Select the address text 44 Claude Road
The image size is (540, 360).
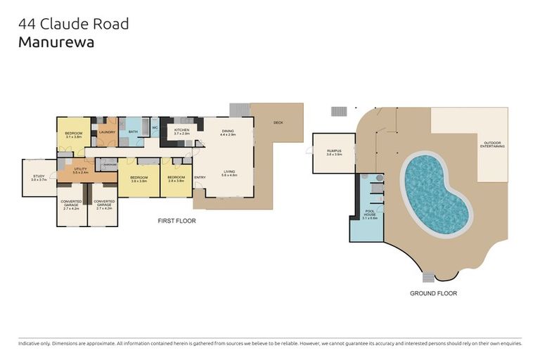click(x=74, y=23)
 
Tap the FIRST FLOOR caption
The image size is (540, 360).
click(x=176, y=221)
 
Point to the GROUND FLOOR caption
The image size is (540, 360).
click(x=434, y=293)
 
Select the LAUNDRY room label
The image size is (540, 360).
click(x=107, y=132)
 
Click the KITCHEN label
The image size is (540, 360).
click(x=182, y=130)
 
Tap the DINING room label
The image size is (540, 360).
click(x=228, y=130)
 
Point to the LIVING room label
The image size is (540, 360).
click(x=229, y=171)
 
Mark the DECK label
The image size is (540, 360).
click(x=278, y=124)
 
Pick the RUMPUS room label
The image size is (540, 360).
click(x=334, y=150)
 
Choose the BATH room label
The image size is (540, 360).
click(x=133, y=131)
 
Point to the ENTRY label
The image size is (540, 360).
click(x=200, y=177)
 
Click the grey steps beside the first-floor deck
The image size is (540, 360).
click(x=240, y=110)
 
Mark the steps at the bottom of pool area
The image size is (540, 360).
click(x=429, y=277)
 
